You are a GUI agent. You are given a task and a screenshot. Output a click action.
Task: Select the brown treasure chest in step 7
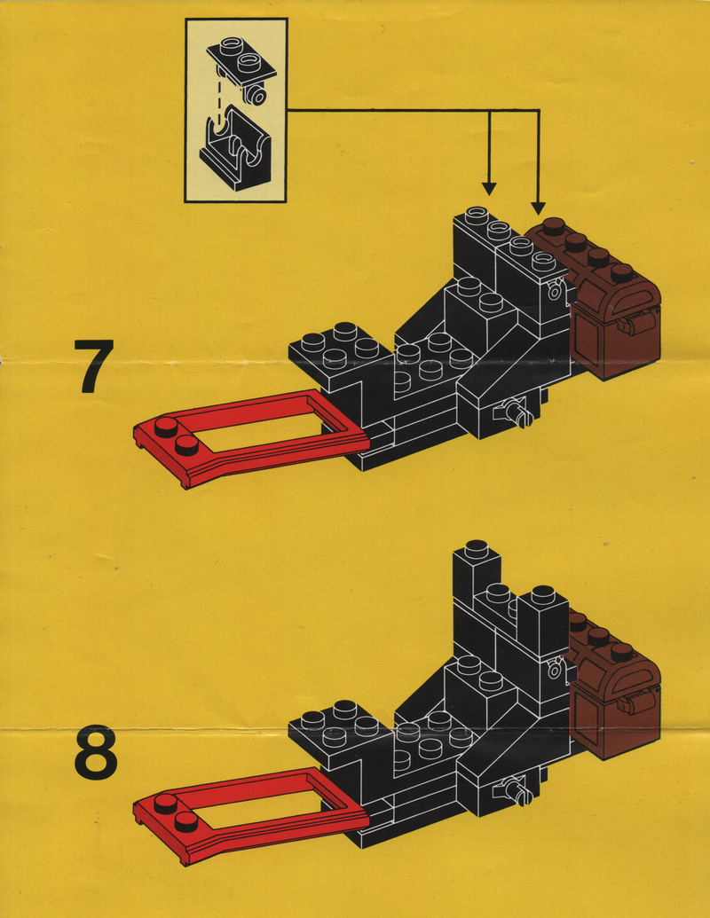612,310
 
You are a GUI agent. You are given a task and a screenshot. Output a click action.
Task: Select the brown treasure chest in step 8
617,692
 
